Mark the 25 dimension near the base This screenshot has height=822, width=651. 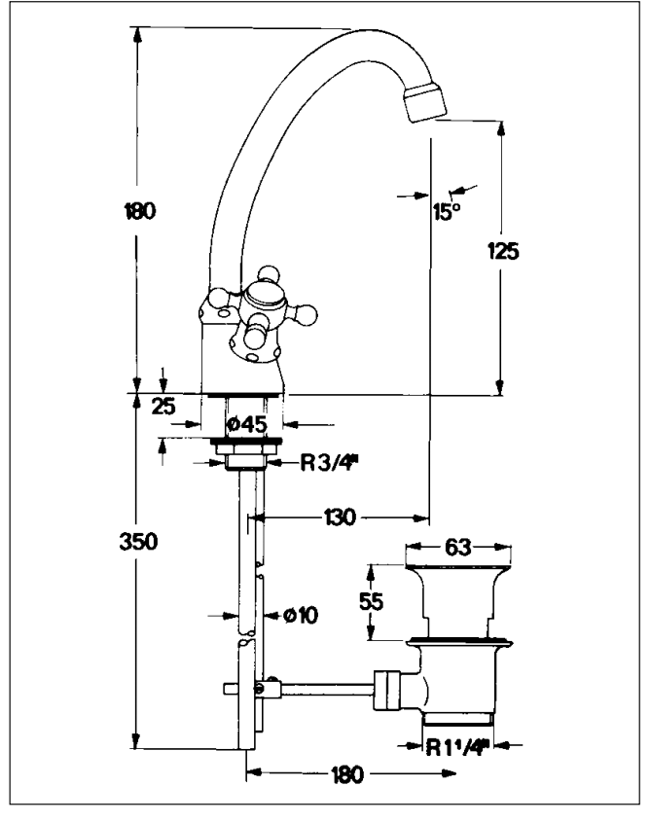163,407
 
